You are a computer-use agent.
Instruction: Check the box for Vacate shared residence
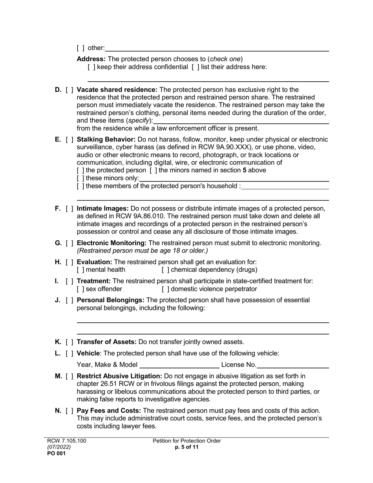point(69,90)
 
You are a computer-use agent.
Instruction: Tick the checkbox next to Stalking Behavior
point(69,139)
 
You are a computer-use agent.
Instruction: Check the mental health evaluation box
point(80,270)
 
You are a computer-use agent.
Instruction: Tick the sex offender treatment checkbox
point(80,289)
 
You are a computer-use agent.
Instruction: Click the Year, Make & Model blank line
point(179,365)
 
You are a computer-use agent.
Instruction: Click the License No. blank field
point(293,365)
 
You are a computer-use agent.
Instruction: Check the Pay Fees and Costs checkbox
point(69,411)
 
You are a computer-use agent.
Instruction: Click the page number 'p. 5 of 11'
point(187,447)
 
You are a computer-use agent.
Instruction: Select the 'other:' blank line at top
point(217,48)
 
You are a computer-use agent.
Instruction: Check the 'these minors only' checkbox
point(80,178)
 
